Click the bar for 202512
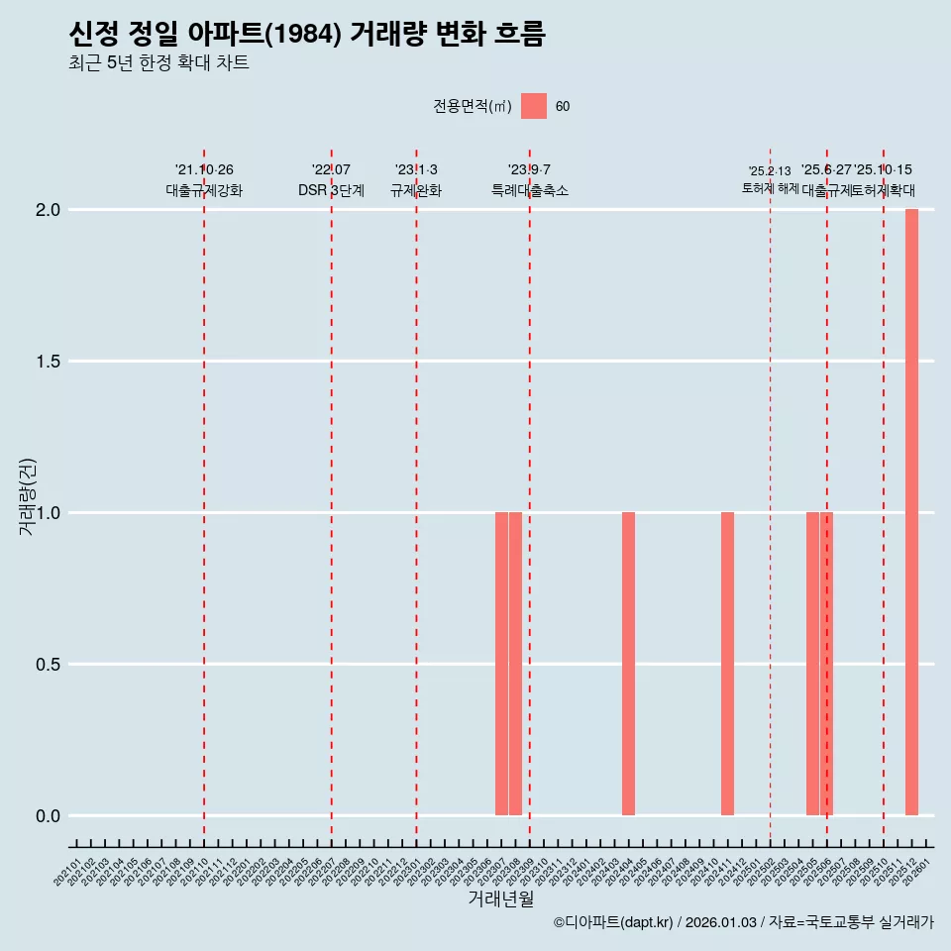[x=911, y=512]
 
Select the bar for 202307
[x=501, y=664]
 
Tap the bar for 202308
[x=515, y=664]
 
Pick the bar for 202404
[x=628, y=664]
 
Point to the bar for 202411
[x=727, y=664]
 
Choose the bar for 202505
[x=812, y=664]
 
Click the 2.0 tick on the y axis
[x=49, y=210]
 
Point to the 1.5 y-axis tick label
[x=49, y=362]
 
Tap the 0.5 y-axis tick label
[x=49, y=665]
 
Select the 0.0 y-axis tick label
[x=49, y=816]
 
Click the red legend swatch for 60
[x=534, y=106]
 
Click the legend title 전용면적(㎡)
[x=473, y=107]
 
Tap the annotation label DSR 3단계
[x=331, y=190]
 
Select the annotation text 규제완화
[x=416, y=190]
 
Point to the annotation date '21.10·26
[x=204, y=170]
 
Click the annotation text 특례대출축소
[x=530, y=190]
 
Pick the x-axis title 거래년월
[x=500, y=898]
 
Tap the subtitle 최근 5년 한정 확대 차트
[x=158, y=63]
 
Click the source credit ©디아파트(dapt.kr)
[x=613, y=922]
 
